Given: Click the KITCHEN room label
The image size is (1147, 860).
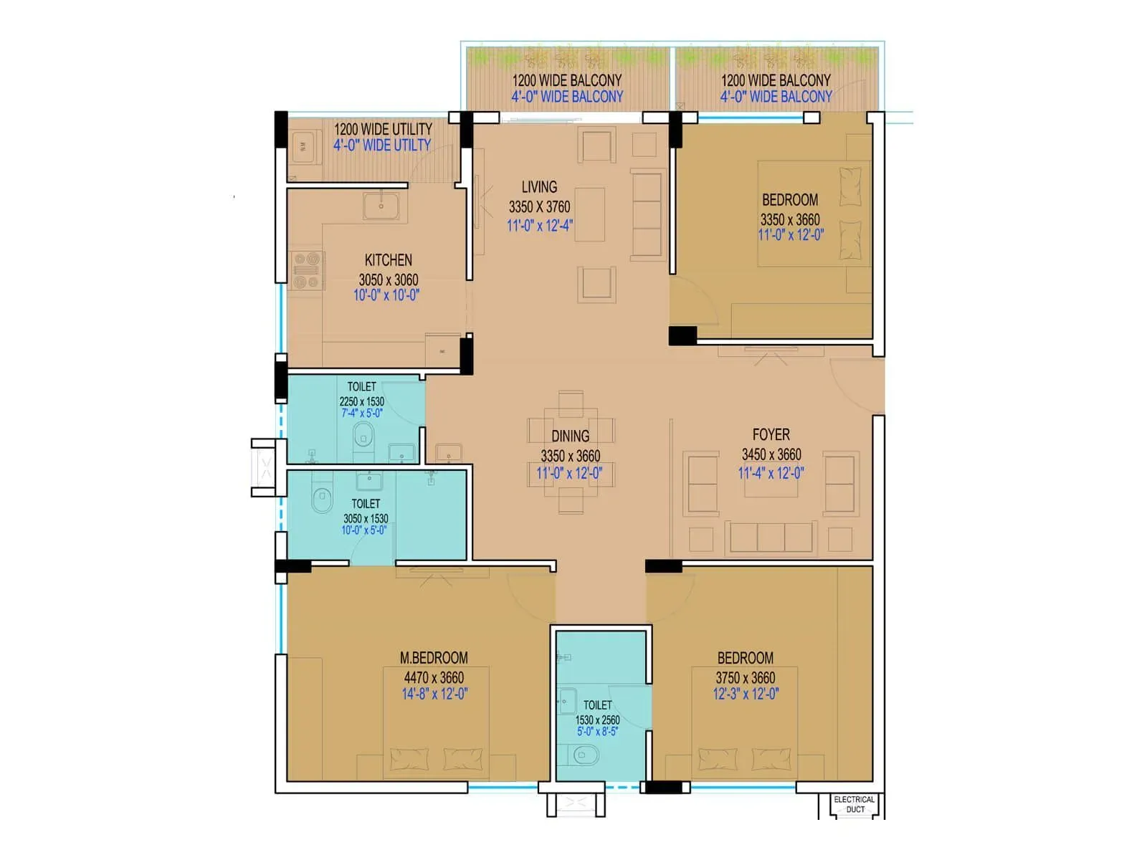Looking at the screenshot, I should coord(388,260).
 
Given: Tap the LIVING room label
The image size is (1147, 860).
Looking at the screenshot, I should coord(539,187).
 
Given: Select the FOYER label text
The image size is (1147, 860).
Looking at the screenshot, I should coord(771,434).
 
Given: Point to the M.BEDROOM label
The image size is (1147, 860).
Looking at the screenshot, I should coord(434,658).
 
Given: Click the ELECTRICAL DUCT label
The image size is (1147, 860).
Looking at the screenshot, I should coord(854,804).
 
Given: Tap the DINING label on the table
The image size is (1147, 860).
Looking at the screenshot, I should coord(571,436).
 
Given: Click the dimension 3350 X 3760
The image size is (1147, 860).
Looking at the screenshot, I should coord(539,207).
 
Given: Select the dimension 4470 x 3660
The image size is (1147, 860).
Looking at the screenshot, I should coord(434,677).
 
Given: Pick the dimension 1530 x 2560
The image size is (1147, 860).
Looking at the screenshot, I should coord(597,720).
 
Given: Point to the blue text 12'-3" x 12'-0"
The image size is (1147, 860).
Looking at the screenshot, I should coord(746,694).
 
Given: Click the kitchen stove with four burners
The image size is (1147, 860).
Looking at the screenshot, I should coord(307,270).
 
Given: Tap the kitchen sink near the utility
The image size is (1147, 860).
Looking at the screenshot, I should coord(381,206).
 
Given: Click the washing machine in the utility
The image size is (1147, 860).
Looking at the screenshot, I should coord(303,146).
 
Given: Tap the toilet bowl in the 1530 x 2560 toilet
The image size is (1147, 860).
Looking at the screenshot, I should coord(586,755).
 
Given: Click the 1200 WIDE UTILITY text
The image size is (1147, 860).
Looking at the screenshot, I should coord(383,129).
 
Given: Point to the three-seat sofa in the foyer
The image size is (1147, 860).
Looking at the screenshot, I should coord(771,537).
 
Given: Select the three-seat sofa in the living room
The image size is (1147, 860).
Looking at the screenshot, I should coord(647,214).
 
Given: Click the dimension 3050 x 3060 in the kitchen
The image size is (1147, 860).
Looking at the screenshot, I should coord(388,279).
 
